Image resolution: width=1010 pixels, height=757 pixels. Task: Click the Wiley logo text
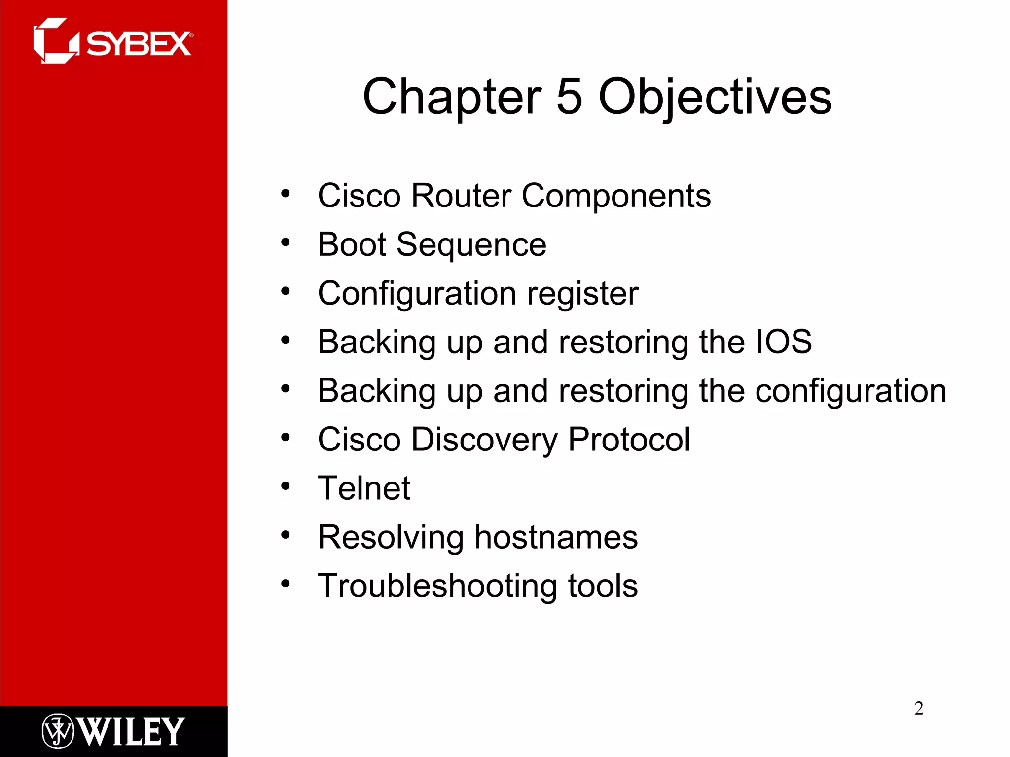[131, 731]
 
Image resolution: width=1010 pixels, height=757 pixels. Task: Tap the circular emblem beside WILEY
[58, 731]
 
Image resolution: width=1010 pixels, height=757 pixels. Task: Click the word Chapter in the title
[452, 97]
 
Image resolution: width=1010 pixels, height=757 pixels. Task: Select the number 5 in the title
[569, 97]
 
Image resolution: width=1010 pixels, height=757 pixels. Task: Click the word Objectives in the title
[715, 97]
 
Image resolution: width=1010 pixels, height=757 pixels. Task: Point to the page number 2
[918, 708]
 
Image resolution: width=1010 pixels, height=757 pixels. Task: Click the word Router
[461, 196]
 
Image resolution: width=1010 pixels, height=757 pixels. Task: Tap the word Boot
[352, 244]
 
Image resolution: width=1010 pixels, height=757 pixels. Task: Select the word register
[582, 294]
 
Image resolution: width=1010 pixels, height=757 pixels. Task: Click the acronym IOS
[784, 342]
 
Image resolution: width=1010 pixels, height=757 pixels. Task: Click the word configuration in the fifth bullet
[851, 391]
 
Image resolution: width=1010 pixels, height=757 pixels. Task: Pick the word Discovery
[484, 439]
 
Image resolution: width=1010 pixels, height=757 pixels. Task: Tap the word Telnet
[364, 488]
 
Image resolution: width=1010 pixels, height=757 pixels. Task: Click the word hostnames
[556, 537]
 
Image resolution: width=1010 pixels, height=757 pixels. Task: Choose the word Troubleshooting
[437, 585]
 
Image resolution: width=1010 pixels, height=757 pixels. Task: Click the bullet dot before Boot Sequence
[286, 242]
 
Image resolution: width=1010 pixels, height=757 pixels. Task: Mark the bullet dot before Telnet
[286, 486]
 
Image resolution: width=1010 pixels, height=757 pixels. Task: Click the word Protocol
[629, 439]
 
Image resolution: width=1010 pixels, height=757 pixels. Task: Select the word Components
[616, 196]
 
